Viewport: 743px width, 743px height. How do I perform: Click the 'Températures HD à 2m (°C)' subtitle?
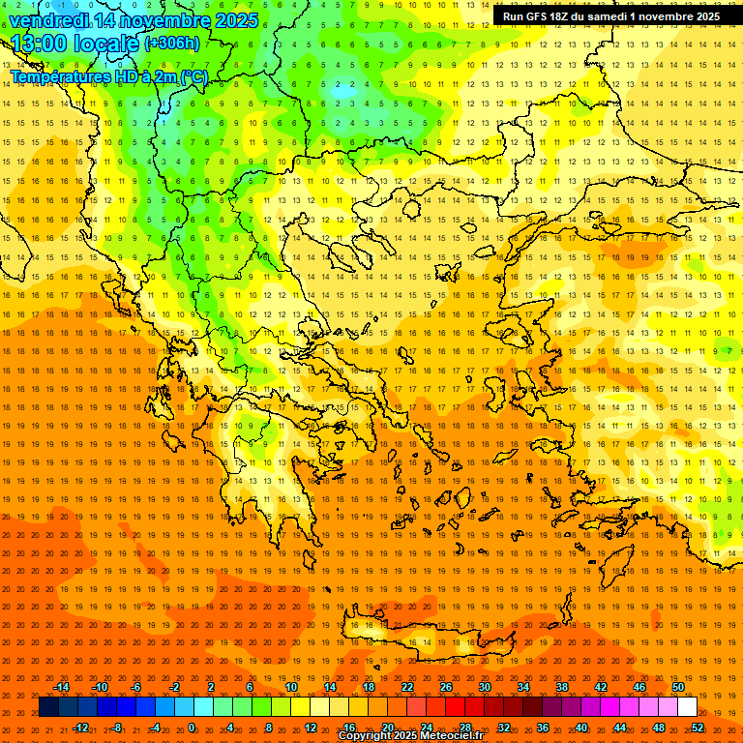[108, 76]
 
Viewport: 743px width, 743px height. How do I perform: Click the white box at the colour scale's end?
[687, 707]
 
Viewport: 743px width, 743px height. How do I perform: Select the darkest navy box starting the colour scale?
[49, 707]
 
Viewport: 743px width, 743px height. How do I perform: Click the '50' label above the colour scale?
[678, 687]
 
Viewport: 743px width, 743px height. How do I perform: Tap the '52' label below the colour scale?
[698, 728]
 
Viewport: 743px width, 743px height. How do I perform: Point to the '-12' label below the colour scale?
[80, 728]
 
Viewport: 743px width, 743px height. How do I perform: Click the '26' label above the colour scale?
[446, 687]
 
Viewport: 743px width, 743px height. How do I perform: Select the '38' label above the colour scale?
[562, 687]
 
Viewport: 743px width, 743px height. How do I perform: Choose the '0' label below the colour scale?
[192, 728]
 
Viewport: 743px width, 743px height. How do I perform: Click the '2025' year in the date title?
[235, 20]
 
